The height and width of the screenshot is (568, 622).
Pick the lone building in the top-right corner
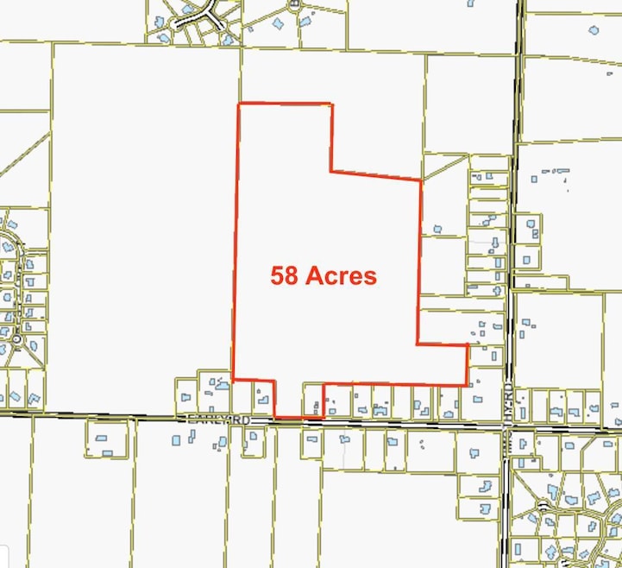coord(594,30)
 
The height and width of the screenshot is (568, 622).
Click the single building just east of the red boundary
coord(437,230)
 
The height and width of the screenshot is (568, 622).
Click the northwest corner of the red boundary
coord(238,104)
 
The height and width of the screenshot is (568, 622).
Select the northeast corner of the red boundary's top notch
coord(331,104)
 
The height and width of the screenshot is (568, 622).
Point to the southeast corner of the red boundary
coord(467,385)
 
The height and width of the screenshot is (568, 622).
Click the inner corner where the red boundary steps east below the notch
coord(330,171)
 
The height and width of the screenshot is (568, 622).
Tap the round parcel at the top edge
coord(294,3)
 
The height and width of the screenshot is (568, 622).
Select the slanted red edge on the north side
coord(376,176)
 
